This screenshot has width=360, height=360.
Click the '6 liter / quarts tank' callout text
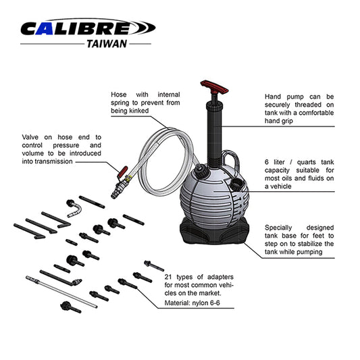tap(300, 174)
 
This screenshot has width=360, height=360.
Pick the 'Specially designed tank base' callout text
tap(300, 240)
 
